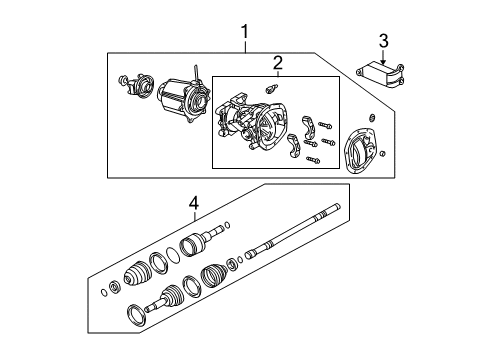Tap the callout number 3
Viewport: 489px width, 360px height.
383,41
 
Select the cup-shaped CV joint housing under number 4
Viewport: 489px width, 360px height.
194,244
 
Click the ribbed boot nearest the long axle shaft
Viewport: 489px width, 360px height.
215,277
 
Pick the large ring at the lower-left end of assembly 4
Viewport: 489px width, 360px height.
131,318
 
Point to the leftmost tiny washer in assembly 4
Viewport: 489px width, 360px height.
104,294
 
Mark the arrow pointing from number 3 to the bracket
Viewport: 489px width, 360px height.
383,58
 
